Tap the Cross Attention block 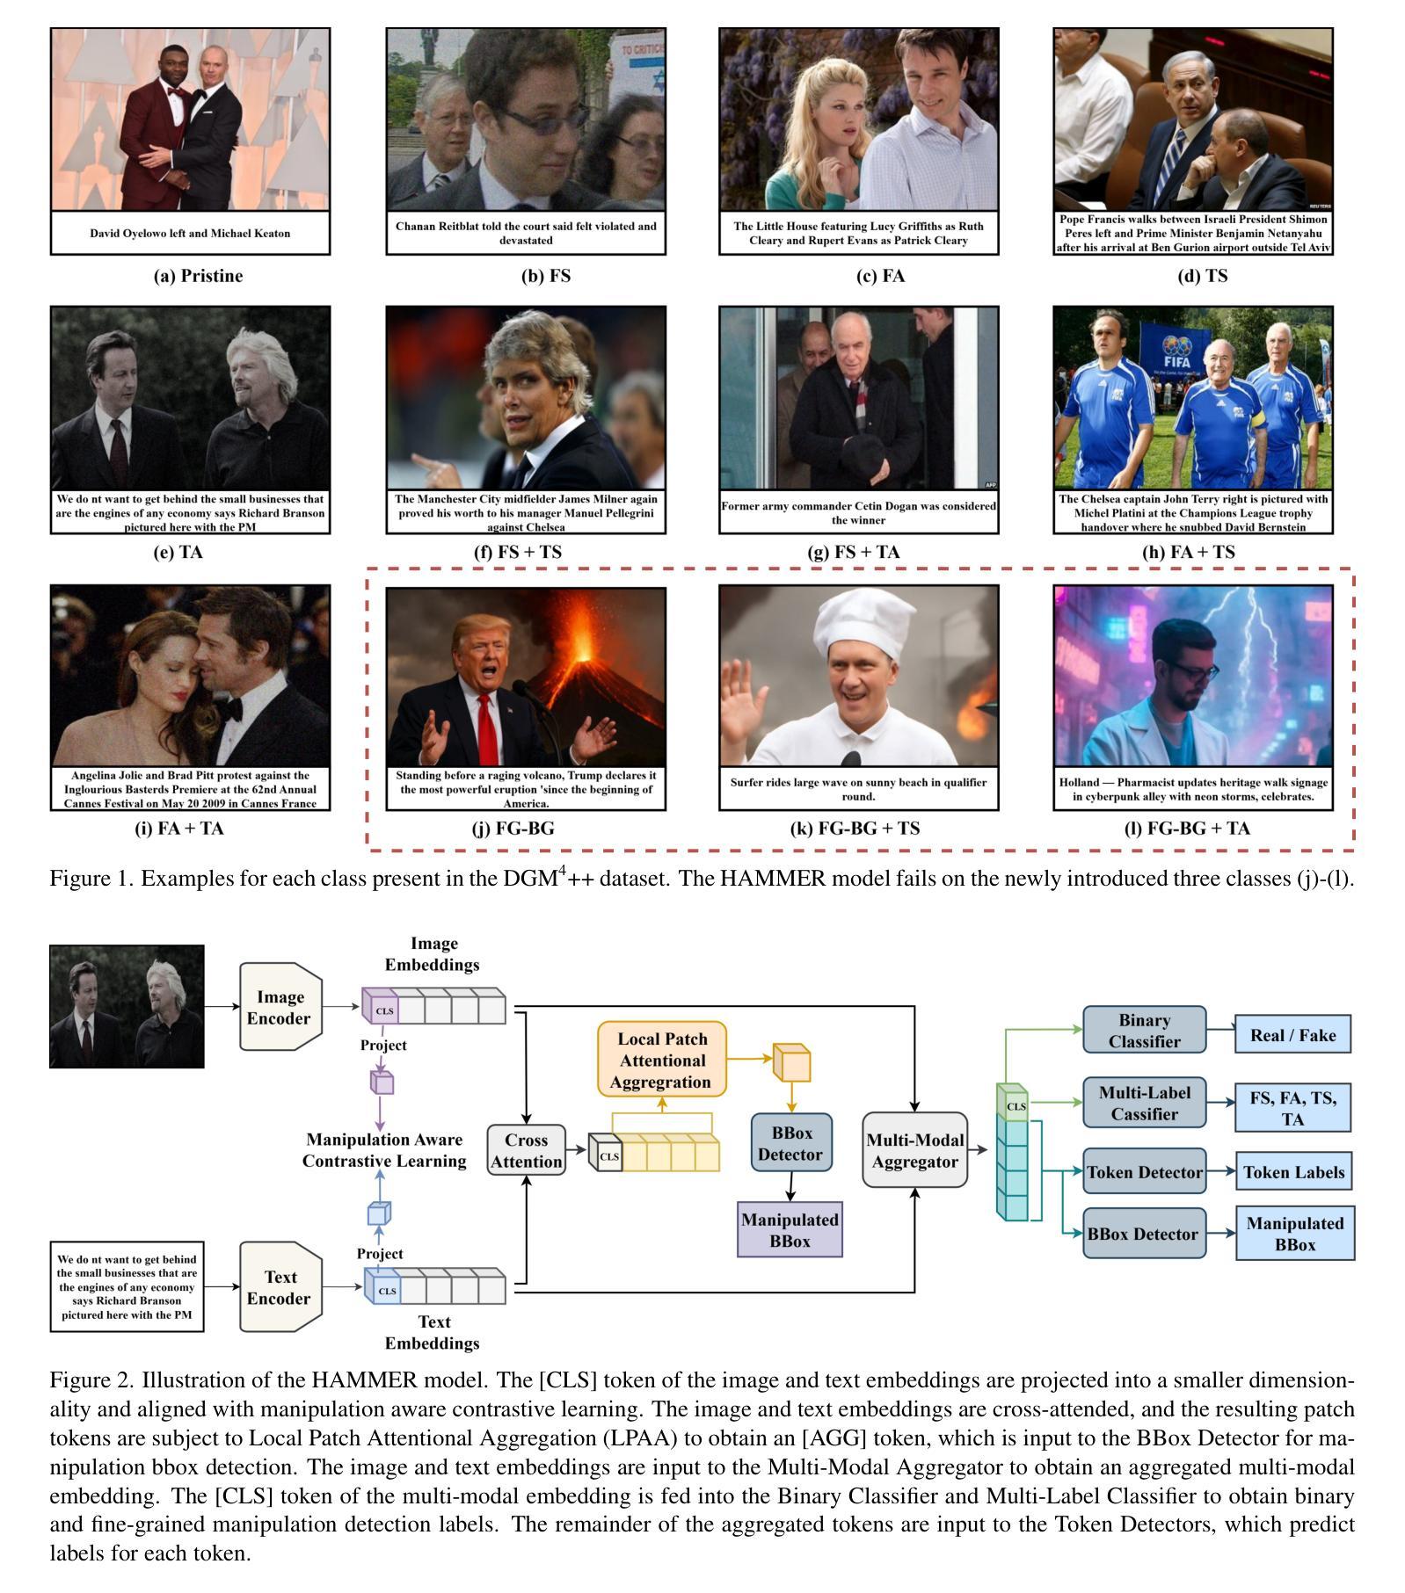tap(526, 1150)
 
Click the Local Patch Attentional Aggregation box tap(662, 1059)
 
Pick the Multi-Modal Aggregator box tap(914, 1150)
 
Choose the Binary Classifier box tap(1144, 1031)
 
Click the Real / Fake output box tap(1292, 1035)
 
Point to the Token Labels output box tap(1293, 1172)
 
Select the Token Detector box tap(1144, 1172)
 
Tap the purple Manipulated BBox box tap(790, 1230)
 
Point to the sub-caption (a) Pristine tap(198, 276)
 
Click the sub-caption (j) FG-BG tap(526, 828)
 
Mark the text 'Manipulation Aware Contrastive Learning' tap(384, 1150)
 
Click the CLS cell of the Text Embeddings tap(386, 1291)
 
